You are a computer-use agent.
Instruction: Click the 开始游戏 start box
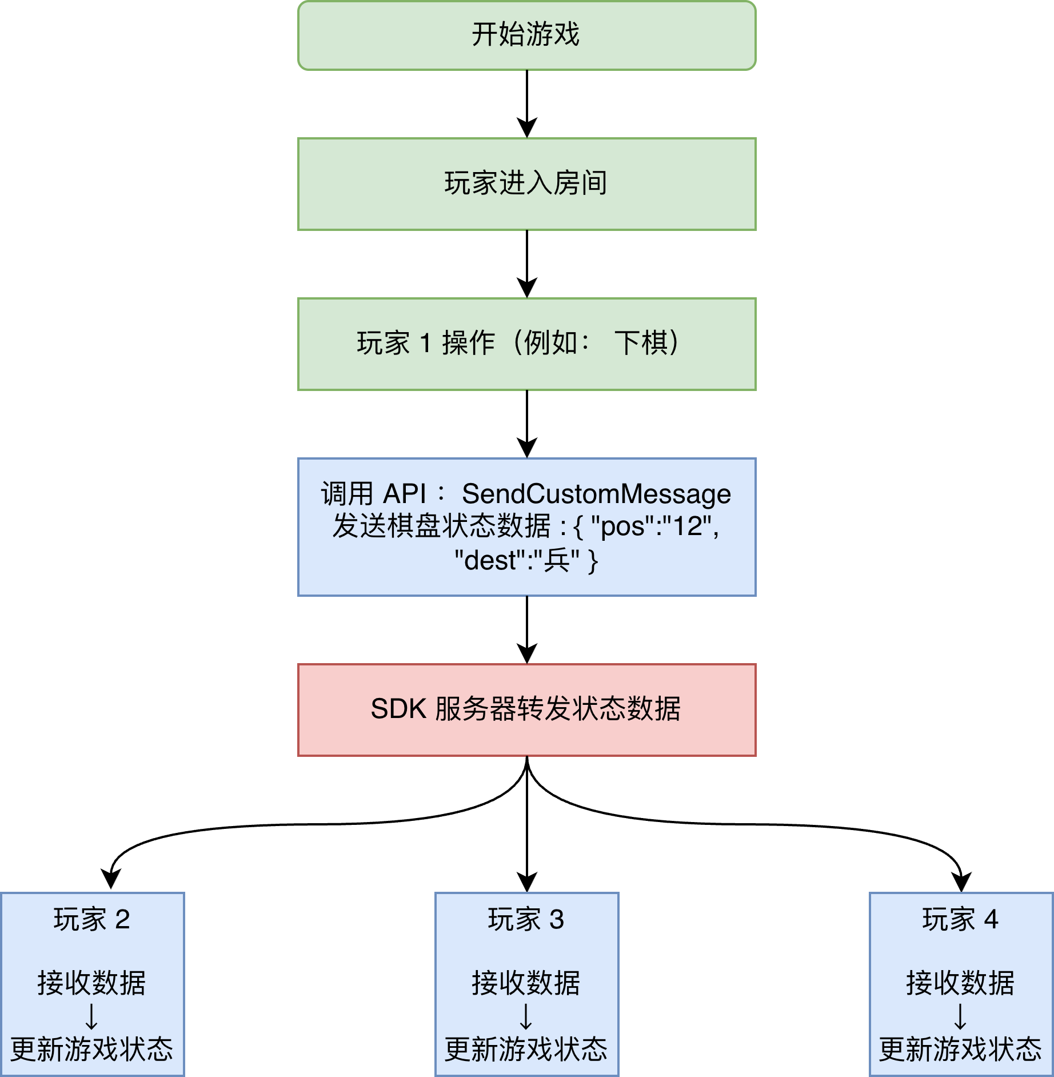[526, 35]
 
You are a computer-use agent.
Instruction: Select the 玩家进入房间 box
[526, 184]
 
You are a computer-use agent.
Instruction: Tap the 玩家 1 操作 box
[526, 344]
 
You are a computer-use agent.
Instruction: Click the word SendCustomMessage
[596, 494]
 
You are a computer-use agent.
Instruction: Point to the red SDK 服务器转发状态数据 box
[526, 709]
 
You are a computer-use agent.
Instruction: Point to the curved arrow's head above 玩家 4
[962, 882]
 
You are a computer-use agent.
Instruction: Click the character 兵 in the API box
[556, 561]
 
